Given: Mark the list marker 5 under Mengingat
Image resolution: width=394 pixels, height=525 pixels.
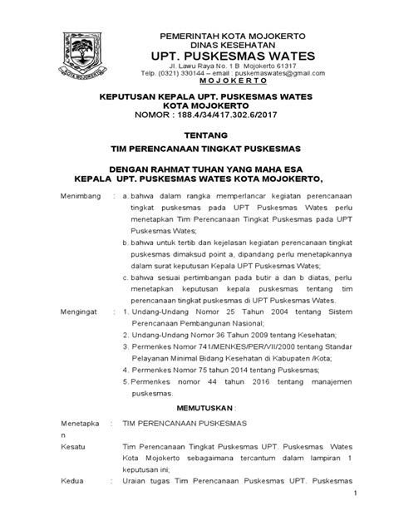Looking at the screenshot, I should click(123, 381).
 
